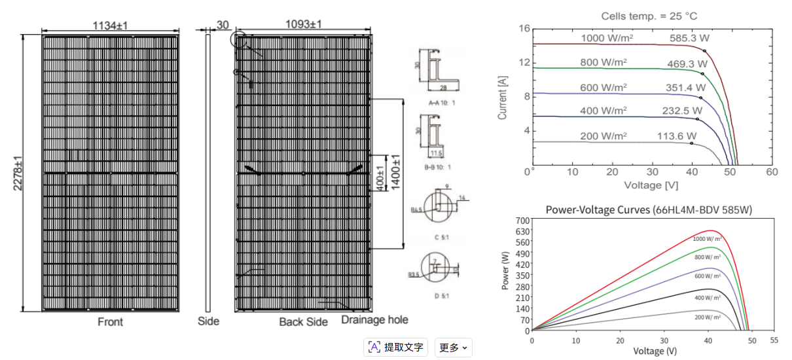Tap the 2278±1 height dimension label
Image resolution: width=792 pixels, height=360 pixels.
pyautogui.click(x=18, y=173)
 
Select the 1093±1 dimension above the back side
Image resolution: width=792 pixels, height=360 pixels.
pyautogui.click(x=304, y=24)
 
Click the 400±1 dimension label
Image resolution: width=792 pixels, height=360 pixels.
pyautogui.click(x=382, y=173)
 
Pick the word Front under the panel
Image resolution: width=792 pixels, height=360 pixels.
pyautogui.click(x=110, y=322)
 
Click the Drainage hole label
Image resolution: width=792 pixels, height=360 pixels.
pyautogui.click(x=374, y=319)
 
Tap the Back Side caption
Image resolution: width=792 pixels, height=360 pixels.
pyautogui.click(x=303, y=322)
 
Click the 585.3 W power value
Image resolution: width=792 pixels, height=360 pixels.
pyautogui.click(x=689, y=39)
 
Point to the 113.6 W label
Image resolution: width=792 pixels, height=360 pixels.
pyautogui.click(x=677, y=136)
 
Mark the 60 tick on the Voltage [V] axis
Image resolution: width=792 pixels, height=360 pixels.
pyautogui.click(x=772, y=172)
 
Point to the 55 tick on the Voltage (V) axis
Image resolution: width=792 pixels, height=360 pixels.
pyautogui.click(x=774, y=341)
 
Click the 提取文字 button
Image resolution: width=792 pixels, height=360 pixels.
pyautogui.click(x=396, y=347)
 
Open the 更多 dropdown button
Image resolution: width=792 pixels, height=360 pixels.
pyautogui.click(x=453, y=348)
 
